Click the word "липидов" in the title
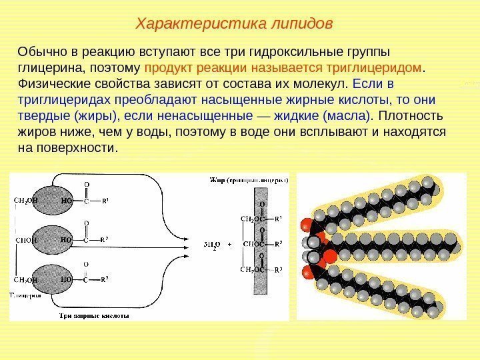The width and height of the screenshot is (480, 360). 303,25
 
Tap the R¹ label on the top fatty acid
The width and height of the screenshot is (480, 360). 105,199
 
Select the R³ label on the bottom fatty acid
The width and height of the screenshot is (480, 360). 105,280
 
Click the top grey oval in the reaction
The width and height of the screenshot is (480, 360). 59,199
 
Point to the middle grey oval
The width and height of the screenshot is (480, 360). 59,239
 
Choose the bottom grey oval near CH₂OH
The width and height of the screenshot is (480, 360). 59,280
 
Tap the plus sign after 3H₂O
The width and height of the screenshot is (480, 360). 230,244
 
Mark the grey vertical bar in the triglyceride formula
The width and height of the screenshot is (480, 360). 261,240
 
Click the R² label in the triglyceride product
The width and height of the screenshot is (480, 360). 279,243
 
